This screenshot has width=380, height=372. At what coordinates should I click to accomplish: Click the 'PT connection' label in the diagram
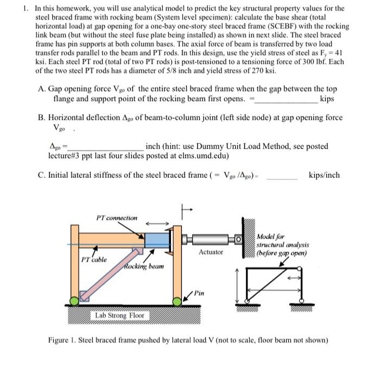[116, 218]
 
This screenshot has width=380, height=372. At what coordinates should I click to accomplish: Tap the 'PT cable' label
[94, 260]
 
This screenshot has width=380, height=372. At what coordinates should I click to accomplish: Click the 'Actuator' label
[211, 252]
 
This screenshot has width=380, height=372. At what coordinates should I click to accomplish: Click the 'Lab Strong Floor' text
[119, 315]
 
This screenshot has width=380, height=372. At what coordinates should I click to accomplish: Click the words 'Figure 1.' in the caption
[64, 340]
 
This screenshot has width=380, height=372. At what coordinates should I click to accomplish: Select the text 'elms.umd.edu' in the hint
[204, 155]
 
